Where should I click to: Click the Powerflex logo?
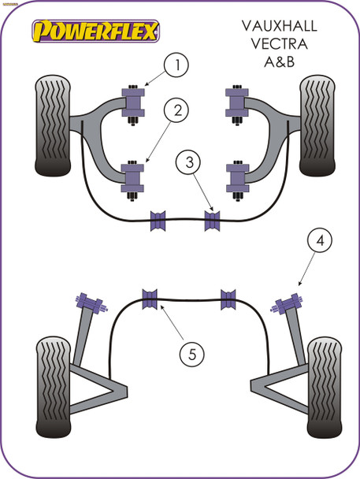pos(95,31)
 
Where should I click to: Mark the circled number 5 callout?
pos(190,354)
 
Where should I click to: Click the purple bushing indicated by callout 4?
pos(288,303)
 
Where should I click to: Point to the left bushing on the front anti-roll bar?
pos(160,220)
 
